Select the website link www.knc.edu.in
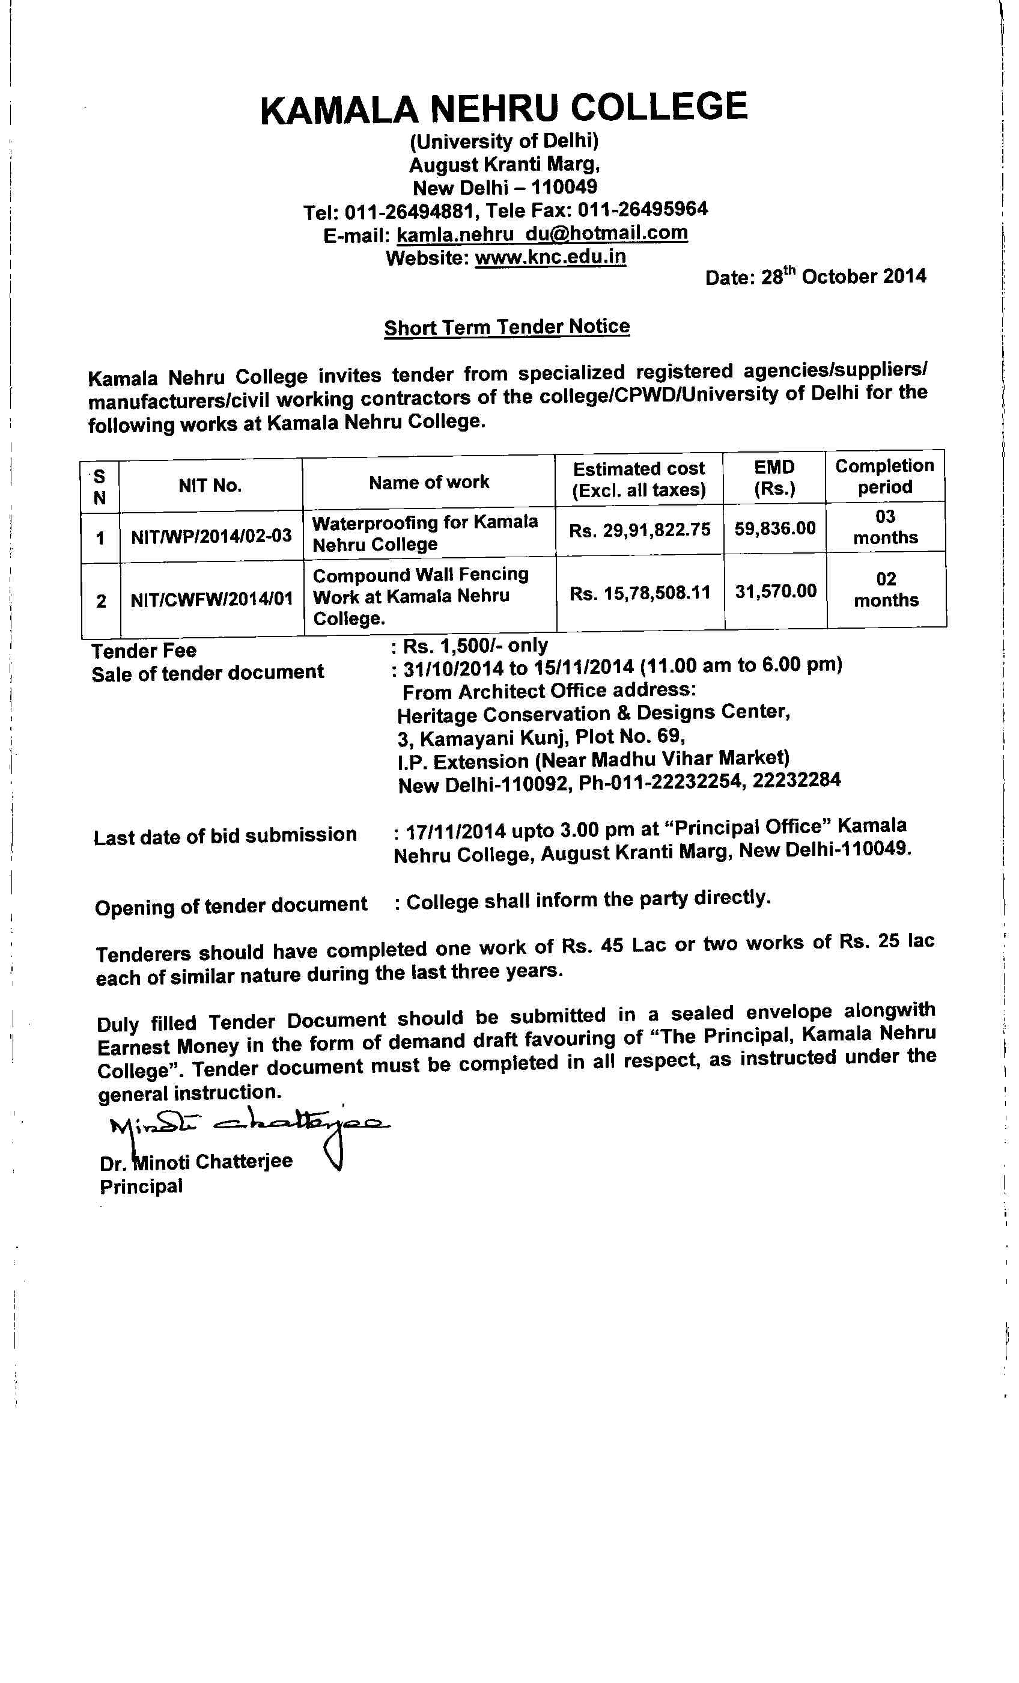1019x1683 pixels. pos(550,257)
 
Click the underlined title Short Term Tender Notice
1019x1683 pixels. pos(506,327)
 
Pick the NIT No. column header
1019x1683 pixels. pos(210,486)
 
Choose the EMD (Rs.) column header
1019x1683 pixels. pos(774,477)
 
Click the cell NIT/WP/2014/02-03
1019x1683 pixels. pos(211,536)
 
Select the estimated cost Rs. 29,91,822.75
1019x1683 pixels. pos(640,530)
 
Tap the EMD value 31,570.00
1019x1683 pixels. pos(776,591)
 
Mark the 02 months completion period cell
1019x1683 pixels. pos(886,590)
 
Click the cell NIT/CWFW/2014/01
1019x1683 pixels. pos(211,600)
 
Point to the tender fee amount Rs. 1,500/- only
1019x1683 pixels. pos(475,646)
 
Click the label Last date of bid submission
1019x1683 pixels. pos(225,836)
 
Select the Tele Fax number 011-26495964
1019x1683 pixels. pos(643,209)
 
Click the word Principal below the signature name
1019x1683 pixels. pos(141,1187)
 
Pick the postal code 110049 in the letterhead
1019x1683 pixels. pos(564,186)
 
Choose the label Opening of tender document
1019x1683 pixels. pos(231,906)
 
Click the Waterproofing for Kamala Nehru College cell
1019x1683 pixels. pos(425,533)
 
